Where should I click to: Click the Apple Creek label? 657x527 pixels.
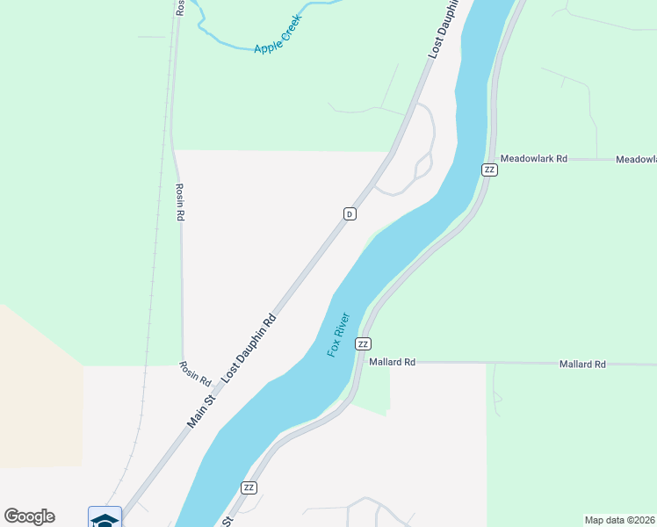[278, 33]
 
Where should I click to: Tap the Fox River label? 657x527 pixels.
[338, 334]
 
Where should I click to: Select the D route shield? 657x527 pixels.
[350, 213]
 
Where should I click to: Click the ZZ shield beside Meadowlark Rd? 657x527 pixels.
[489, 170]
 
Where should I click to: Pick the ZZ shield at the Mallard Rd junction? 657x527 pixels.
[363, 343]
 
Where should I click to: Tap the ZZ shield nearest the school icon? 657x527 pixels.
[249, 487]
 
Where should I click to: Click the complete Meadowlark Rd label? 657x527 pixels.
[533, 159]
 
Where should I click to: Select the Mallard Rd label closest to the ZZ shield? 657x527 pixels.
[392, 361]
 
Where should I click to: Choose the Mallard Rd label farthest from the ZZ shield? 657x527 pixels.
[582, 364]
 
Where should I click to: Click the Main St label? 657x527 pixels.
[201, 412]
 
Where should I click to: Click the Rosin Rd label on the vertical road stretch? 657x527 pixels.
[179, 201]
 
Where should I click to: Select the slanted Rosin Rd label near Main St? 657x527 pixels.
[195, 374]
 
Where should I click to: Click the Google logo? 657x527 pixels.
[29, 516]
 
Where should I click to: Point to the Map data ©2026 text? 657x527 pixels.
[620, 520]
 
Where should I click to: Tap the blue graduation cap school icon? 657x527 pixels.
[105, 518]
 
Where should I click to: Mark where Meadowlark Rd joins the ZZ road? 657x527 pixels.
[487, 159]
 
